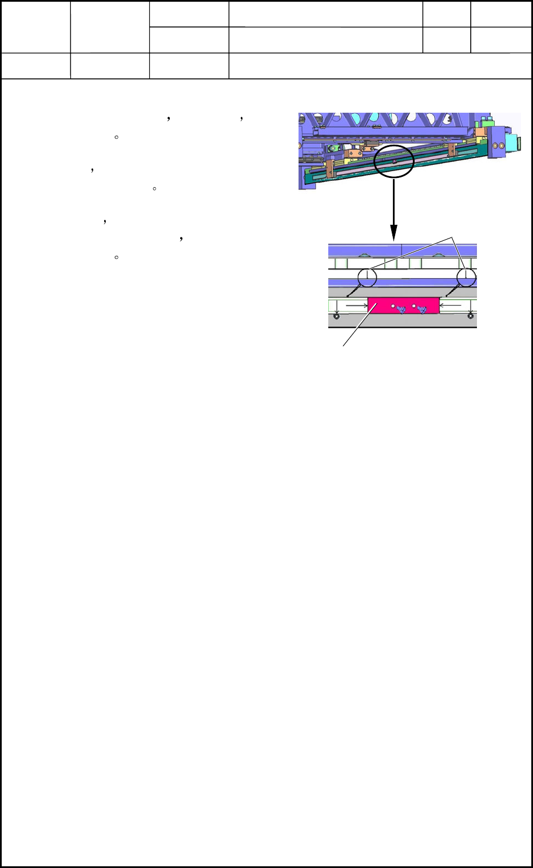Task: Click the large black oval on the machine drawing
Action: point(394,161)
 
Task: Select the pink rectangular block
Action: point(403,306)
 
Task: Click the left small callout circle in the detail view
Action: point(367,278)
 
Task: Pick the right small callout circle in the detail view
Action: point(467,278)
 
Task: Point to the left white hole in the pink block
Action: point(393,306)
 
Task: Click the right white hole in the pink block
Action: point(413,306)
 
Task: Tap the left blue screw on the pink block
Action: point(401,310)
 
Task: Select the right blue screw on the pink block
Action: point(422,310)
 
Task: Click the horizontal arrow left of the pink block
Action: point(357,306)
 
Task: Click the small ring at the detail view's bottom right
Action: point(471,316)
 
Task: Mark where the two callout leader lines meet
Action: point(453,237)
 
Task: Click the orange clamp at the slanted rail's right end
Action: point(452,150)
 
